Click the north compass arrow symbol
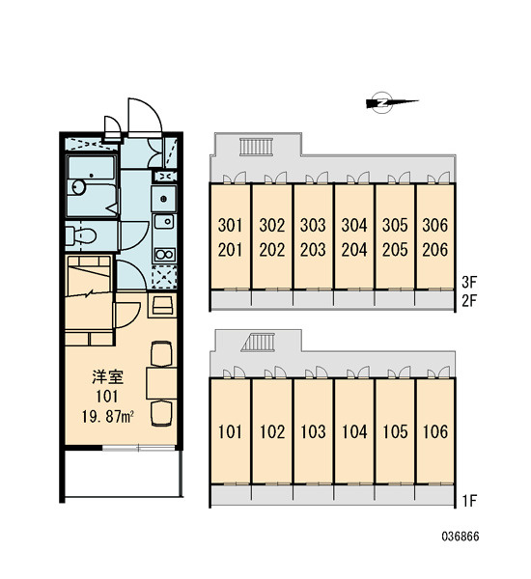pyautogui.click(x=391, y=102)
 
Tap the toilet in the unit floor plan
pyautogui.click(x=81, y=235)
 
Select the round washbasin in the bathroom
pyautogui.click(x=78, y=187)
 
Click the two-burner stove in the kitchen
pyautogui.click(x=164, y=255)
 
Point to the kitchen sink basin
pyautogui.click(x=164, y=222)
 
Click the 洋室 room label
pyautogui.click(x=107, y=376)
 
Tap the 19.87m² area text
pyautogui.click(x=107, y=417)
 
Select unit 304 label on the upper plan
pyautogui.click(x=354, y=225)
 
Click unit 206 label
pyautogui.click(x=434, y=250)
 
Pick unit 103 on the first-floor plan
pyautogui.click(x=313, y=431)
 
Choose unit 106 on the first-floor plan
pyautogui.click(x=434, y=431)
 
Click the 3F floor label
pyautogui.click(x=469, y=283)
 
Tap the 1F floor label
pyautogui.click(x=469, y=501)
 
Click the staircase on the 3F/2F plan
pyautogui.click(x=256, y=147)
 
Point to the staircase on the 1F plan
pyautogui.click(x=259, y=343)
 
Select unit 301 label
pyautogui.click(x=230, y=225)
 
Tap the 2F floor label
pyautogui.click(x=469, y=301)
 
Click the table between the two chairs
pyautogui.click(x=161, y=383)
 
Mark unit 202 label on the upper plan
pyautogui.click(x=272, y=250)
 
